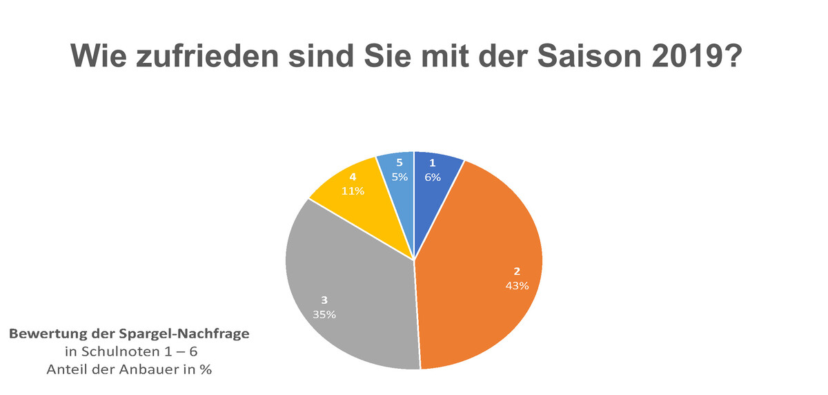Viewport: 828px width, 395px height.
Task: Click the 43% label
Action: click(516, 286)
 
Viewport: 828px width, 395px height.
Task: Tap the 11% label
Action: click(353, 191)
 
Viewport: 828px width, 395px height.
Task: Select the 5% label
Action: click(400, 177)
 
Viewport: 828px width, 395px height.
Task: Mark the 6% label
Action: click(433, 177)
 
